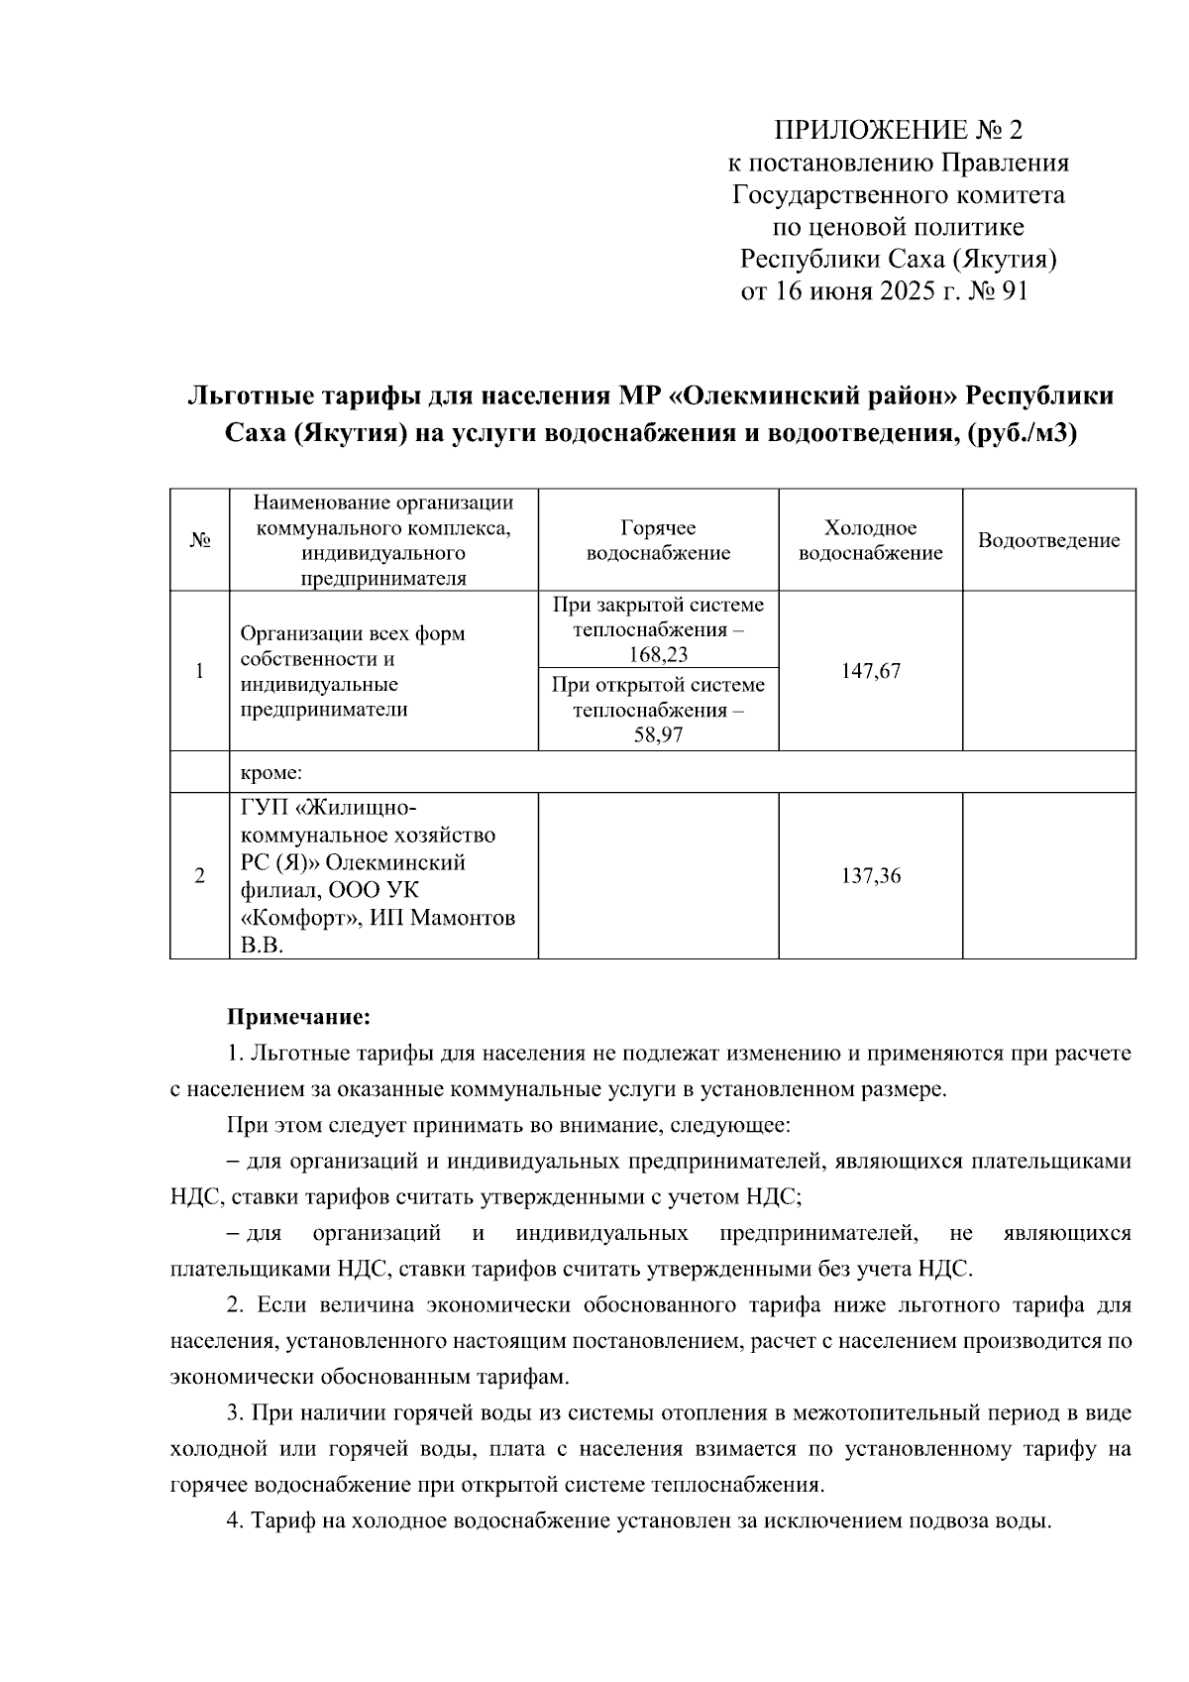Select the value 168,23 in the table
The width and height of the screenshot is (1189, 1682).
tap(658, 655)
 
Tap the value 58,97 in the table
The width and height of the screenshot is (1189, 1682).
tap(658, 735)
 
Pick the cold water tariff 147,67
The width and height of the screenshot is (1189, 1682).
tap(871, 671)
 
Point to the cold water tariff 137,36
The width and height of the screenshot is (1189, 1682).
tap(871, 876)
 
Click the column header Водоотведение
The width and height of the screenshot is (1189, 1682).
tap(1048, 540)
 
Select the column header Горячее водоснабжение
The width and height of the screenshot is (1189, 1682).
tap(658, 540)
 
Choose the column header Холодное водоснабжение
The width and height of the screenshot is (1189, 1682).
tap(871, 540)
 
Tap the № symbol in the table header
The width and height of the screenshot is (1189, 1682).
tap(200, 540)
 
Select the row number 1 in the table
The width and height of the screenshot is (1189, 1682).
tap(200, 671)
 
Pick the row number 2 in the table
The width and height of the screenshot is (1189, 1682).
tap(200, 876)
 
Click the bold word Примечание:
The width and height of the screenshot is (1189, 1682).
tap(299, 1017)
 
